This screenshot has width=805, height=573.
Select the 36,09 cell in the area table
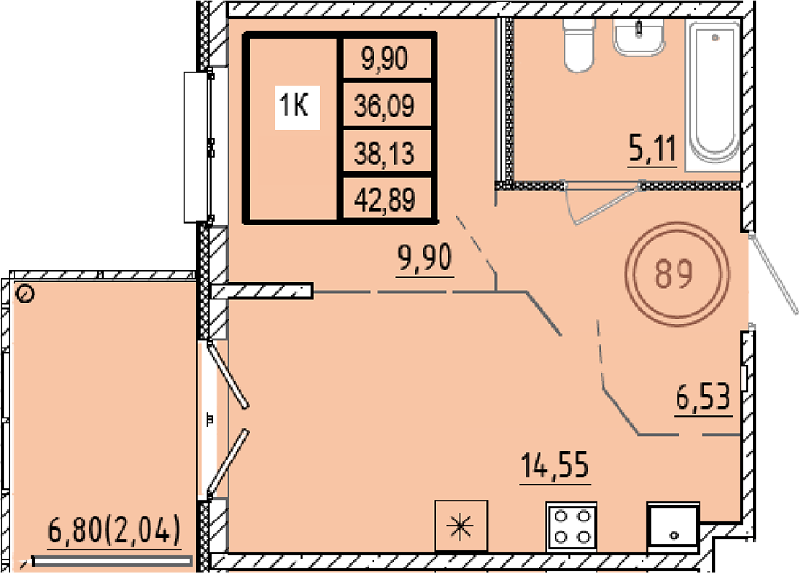385,105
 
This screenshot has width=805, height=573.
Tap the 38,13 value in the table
385,152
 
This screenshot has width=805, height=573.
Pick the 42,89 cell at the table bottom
385,200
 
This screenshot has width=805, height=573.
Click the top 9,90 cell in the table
385,58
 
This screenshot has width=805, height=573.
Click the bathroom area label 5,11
652,150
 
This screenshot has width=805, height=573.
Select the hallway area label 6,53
703,398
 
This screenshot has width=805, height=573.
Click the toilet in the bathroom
579,45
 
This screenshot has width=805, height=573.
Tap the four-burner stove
572,526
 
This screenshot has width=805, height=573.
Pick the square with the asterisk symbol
460,526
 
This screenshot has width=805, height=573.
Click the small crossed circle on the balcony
25,295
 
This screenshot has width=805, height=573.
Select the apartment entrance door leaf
774,273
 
